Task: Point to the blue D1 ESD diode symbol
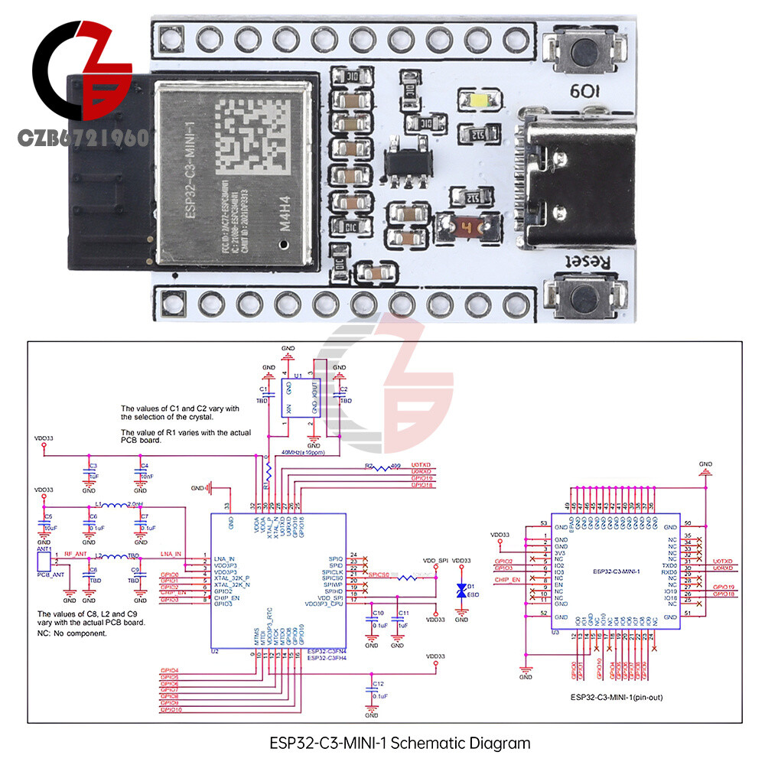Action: click(x=461, y=590)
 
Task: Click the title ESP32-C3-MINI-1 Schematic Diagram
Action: click(x=400, y=743)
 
